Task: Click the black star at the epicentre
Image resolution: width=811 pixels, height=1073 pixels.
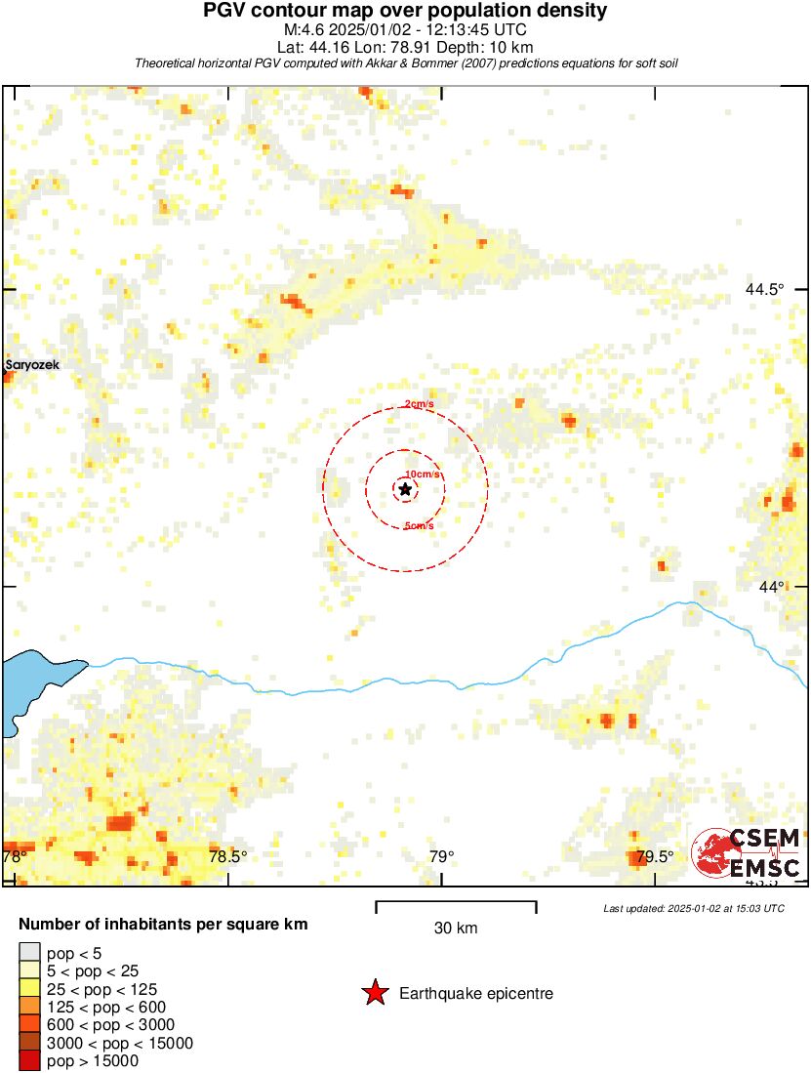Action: coord(405,488)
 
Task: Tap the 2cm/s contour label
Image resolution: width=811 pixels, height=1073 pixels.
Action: coord(420,405)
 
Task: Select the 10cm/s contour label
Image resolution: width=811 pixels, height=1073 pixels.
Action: coord(423,475)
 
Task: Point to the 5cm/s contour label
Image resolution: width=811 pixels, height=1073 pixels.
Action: coord(419,526)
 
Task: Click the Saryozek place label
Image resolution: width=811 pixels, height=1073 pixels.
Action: coord(31,365)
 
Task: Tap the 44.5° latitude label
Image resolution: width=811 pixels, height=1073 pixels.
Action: coord(764,289)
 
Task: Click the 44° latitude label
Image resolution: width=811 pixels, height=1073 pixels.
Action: coord(771,586)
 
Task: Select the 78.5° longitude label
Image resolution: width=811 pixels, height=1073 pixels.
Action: coord(228,857)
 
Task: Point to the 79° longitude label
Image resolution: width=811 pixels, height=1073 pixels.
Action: coord(441,857)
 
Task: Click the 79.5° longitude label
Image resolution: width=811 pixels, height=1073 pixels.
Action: coord(654,857)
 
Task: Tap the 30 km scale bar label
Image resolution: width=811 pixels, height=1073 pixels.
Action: coord(456,929)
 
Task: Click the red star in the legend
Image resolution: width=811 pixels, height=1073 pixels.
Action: coord(375,994)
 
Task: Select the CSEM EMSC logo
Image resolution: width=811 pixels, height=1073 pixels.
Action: coord(747,852)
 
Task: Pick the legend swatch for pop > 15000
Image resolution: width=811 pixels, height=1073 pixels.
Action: coord(29,1061)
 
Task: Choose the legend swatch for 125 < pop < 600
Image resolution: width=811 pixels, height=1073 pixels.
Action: coord(29,1007)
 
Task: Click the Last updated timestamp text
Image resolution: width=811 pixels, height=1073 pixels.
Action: coord(693,908)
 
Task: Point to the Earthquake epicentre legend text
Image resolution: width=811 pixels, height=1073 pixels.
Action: coord(476,994)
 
